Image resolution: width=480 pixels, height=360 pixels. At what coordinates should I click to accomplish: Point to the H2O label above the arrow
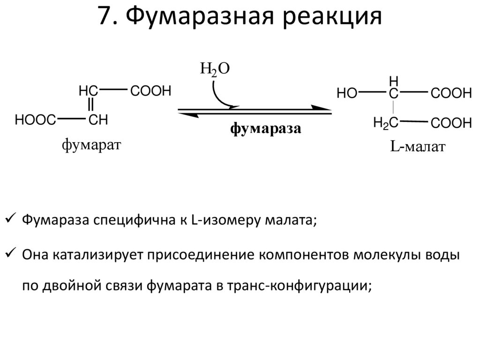215,70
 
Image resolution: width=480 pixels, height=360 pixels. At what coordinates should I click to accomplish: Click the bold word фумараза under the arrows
265,129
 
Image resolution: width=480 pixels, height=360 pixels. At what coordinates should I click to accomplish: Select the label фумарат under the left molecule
91,145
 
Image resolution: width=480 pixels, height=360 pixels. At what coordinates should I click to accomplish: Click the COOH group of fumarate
151,91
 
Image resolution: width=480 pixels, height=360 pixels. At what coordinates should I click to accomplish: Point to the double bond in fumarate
91,104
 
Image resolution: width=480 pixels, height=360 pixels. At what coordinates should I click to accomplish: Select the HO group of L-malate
347,94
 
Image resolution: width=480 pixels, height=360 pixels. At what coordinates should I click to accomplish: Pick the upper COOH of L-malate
451,94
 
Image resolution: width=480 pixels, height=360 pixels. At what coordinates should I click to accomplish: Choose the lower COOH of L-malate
451,124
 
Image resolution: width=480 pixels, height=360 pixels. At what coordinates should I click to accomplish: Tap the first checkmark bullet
10,218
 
